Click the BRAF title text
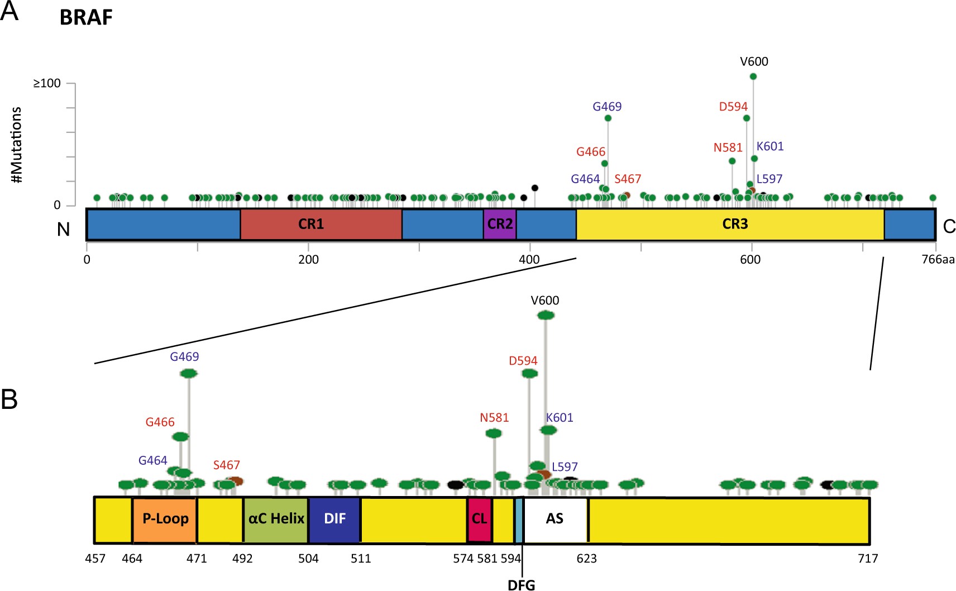tap(86, 17)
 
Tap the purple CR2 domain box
tap(500, 224)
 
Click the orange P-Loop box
tap(165, 519)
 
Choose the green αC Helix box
tap(276, 519)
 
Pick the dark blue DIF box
tap(334, 519)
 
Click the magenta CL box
tap(479, 519)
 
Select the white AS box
tap(555, 519)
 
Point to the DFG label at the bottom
tap(521, 585)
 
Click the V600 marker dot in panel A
tap(753, 77)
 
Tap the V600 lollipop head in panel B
tap(546, 315)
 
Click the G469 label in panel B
tap(184, 356)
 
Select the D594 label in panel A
tap(733, 106)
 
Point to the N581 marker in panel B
tap(494, 433)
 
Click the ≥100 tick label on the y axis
tap(47, 83)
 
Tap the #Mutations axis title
tap(17, 145)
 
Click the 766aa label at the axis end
tap(938, 259)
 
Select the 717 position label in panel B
tap(868, 558)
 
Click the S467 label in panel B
tap(226, 465)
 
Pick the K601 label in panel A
tap(769, 146)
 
